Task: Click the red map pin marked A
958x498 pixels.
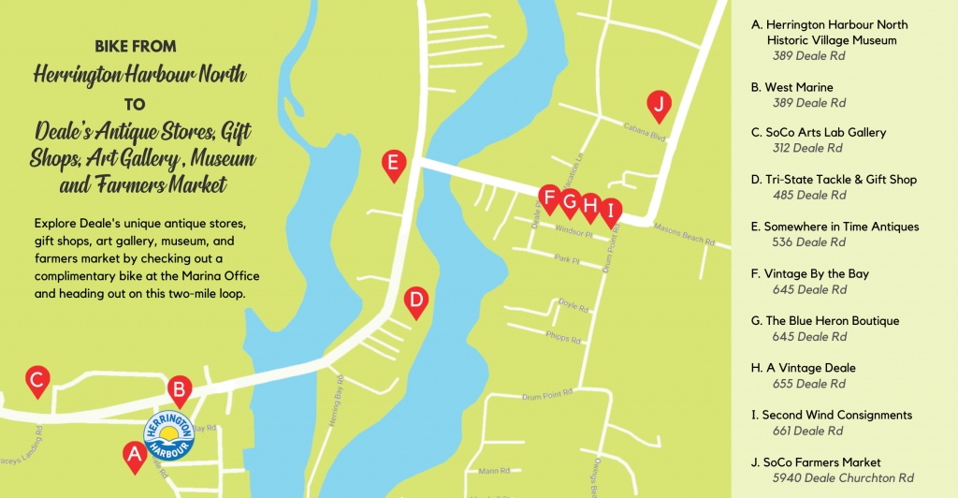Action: pos(134,456)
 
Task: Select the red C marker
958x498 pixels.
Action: pos(37,380)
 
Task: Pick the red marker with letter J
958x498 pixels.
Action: pos(659,105)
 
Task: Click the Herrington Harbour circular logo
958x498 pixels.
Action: pos(169,435)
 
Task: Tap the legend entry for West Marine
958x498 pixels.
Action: pos(798,87)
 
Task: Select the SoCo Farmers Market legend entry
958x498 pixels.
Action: pos(822,461)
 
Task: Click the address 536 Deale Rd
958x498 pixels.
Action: pos(809,242)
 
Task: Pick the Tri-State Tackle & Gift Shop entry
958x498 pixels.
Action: pos(840,179)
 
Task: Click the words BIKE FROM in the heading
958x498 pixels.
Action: pos(136,46)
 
